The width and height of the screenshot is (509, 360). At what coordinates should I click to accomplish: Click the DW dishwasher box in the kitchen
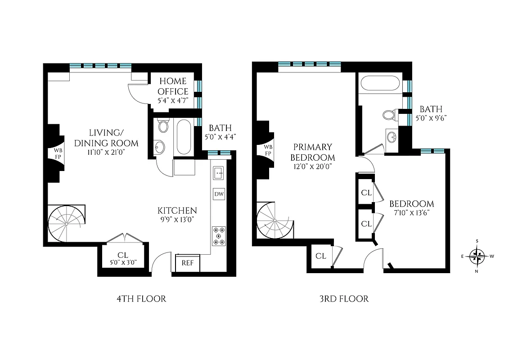(x=219, y=194)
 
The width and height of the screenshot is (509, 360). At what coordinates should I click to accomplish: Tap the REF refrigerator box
(x=187, y=263)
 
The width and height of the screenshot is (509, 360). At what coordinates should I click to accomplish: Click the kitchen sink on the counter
(x=219, y=172)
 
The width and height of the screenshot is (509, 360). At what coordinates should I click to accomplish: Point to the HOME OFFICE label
(x=173, y=86)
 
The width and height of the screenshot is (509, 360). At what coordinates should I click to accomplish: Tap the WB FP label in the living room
(x=58, y=153)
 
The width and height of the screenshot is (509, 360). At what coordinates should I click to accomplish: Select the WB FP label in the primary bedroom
(x=267, y=150)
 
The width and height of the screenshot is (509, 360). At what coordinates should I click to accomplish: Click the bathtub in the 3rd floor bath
(x=379, y=84)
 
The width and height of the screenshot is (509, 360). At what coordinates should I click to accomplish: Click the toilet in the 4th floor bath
(x=163, y=126)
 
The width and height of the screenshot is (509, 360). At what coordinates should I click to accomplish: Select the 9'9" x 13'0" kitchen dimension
(x=177, y=221)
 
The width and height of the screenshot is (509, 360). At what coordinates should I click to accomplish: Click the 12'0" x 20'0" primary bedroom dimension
(x=312, y=167)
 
